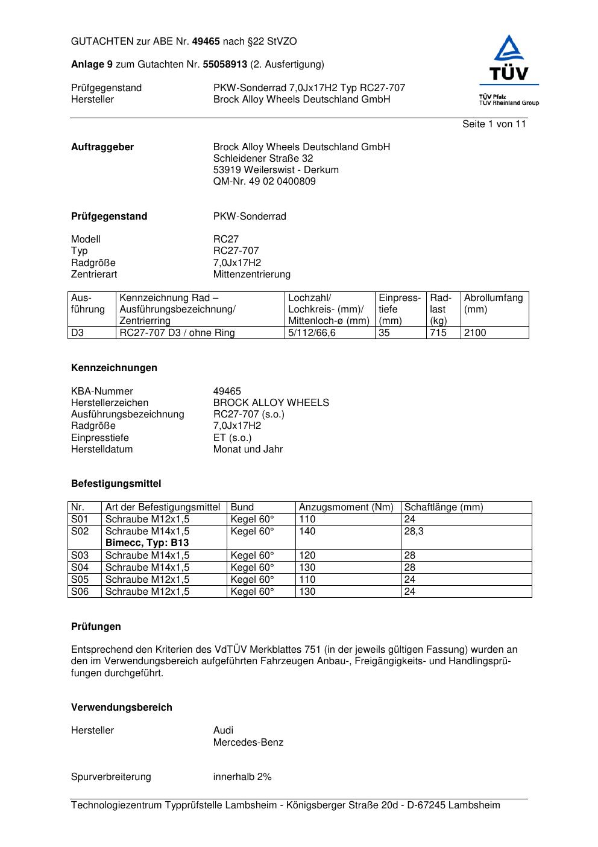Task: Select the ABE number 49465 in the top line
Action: pyautogui.click(x=206, y=42)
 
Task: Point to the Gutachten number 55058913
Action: pyautogui.click(x=225, y=65)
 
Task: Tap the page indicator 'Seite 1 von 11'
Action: pyautogui.click(x=494, y=124)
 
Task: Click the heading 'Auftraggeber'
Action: pyautogui.click(x=102, y=147)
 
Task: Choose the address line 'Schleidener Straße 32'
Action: pyautogui.click(x=263, y=159)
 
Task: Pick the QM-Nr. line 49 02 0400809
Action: pyautogui.click(x=264, y=182)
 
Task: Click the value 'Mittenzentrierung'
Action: pyautogui.click(x=251, y=274)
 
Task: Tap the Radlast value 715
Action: pyautogui.click(x=438, y=333)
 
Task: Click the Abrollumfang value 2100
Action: pyautogui.click(x=475, y=333)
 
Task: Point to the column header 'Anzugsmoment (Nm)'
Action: pyautogui.click(x=346, y=507)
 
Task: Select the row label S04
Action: pyautogui.click(x=80, y=568)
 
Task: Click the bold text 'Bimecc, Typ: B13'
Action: pyautogui.click(x=146, y=543)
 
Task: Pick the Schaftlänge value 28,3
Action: pyautogui.click(x=414, y=531)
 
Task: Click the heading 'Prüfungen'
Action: pyautogui.click(x=96, y=627)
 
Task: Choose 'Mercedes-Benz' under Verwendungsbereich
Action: pyautogui.click(x=248, y=743)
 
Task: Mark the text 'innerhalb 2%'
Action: pyautogui.click(x=242, y=777)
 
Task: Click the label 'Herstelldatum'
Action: pyautogui.click(x=102, y=449)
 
